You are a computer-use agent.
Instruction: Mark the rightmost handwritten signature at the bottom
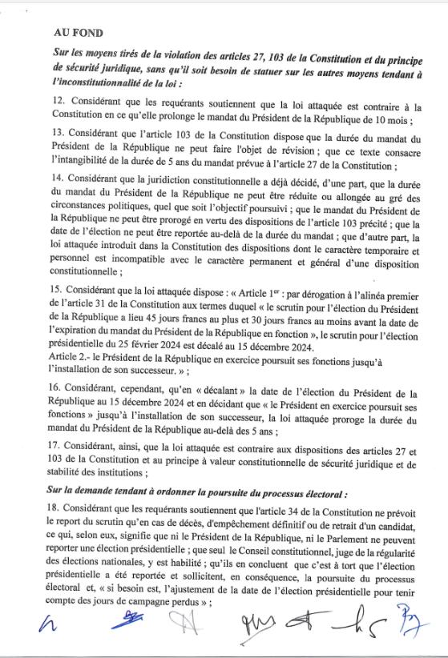tap(410, 626)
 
